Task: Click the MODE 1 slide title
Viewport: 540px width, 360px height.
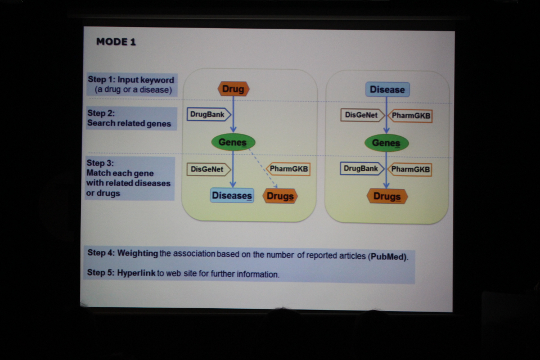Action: pyautogui.click(x=116, y=42)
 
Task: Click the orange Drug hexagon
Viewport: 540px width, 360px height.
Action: pyautogui.click(x=233, y=89)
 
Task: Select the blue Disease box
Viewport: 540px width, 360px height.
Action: pyautogui.click(x=388, y=89)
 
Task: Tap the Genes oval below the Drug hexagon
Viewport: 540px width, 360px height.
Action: pyautogui.click(x=233, y=142)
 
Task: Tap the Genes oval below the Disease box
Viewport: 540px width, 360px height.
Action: pyautogui.click(x=386, y=143)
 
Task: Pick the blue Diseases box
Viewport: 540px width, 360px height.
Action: pyautogui.click(x=232, y=195)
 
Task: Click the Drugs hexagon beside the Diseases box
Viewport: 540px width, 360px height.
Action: pyautogui.click(x=280, y=196)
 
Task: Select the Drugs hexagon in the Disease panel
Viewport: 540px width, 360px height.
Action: pyautogui.click(x=387, y=196)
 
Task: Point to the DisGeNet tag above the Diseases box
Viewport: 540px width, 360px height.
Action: pyautogui.click(x=209, y=169)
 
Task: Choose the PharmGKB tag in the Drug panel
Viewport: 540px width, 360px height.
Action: pyautogui.click(x=288, y=169)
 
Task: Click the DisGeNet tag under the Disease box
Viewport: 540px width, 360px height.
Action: pyautogui.click(x=363, y=115)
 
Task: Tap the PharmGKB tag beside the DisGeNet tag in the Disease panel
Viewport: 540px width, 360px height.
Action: pyautogui.click(x=410, y=116)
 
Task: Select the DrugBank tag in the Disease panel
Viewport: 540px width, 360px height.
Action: pyautogui.click(x=362, y=168)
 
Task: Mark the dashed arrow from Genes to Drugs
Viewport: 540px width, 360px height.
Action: pyautogui.click(x=263, y=168)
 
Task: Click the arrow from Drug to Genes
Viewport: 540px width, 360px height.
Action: pyautogui.click(x=233, y=114)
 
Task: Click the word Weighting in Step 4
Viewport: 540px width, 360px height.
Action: pyautogui.click(x=137, y=253)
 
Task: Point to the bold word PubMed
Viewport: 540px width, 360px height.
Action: pyautogui.click(x=388, y=257)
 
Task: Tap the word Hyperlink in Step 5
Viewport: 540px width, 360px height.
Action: pyautogui.click(x=136, y=273)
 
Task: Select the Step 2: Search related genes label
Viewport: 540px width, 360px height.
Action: pyautogui.click(x=131, y=118)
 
